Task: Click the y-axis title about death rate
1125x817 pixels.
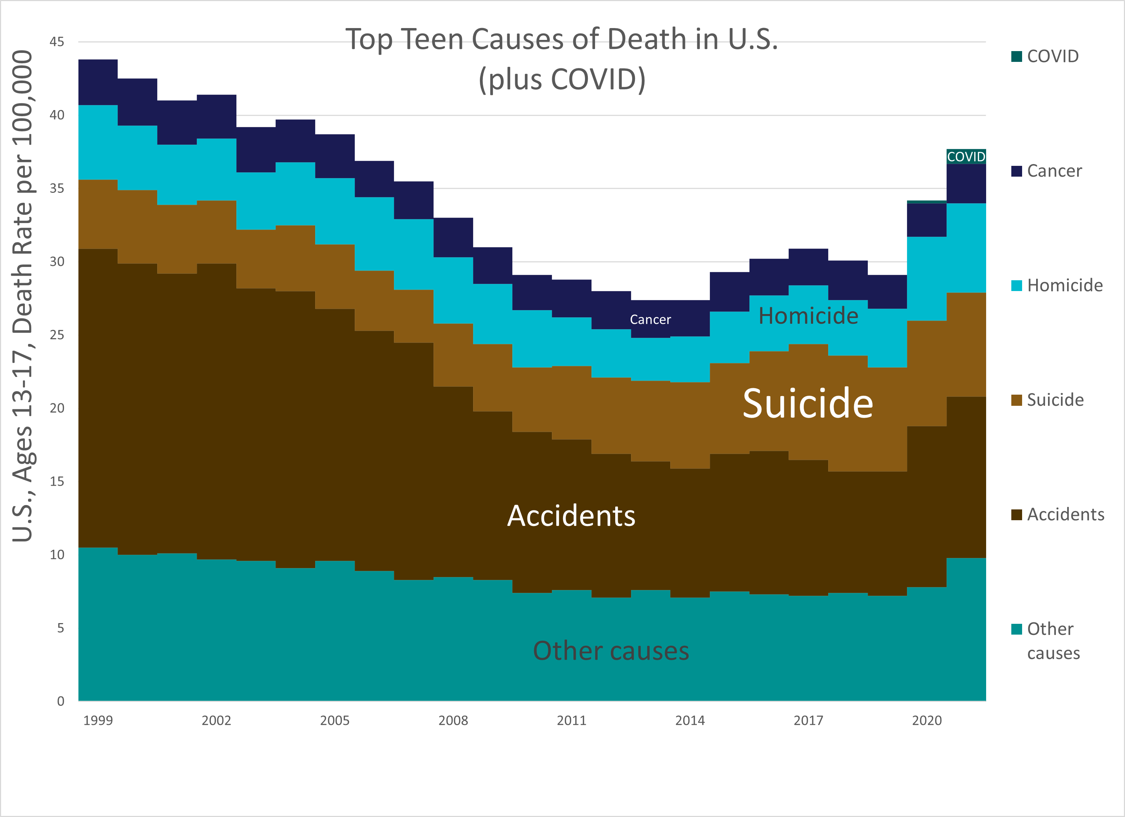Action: tap(23, 296)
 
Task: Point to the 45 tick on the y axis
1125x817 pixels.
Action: tap(57, 42)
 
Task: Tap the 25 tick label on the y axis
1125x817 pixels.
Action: tap(57, 335)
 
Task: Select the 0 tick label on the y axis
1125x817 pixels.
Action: tap(60, 701)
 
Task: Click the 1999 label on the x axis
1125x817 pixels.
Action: tap(98, 720)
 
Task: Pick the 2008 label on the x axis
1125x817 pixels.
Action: tap(453, 720)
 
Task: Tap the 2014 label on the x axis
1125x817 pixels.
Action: tap(689, 720)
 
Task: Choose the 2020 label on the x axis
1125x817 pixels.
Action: tap(927, 720)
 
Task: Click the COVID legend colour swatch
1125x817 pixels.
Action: tap(1016, 56)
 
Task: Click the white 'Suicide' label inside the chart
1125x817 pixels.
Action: tap(808, 403)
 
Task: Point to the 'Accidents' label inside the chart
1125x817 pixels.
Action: tap(571, 516)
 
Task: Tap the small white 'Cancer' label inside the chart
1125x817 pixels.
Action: tap(650, 319)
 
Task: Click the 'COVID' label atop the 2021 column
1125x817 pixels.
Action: tap(966, 157)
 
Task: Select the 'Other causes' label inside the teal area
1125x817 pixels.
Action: tap(611, 650)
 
